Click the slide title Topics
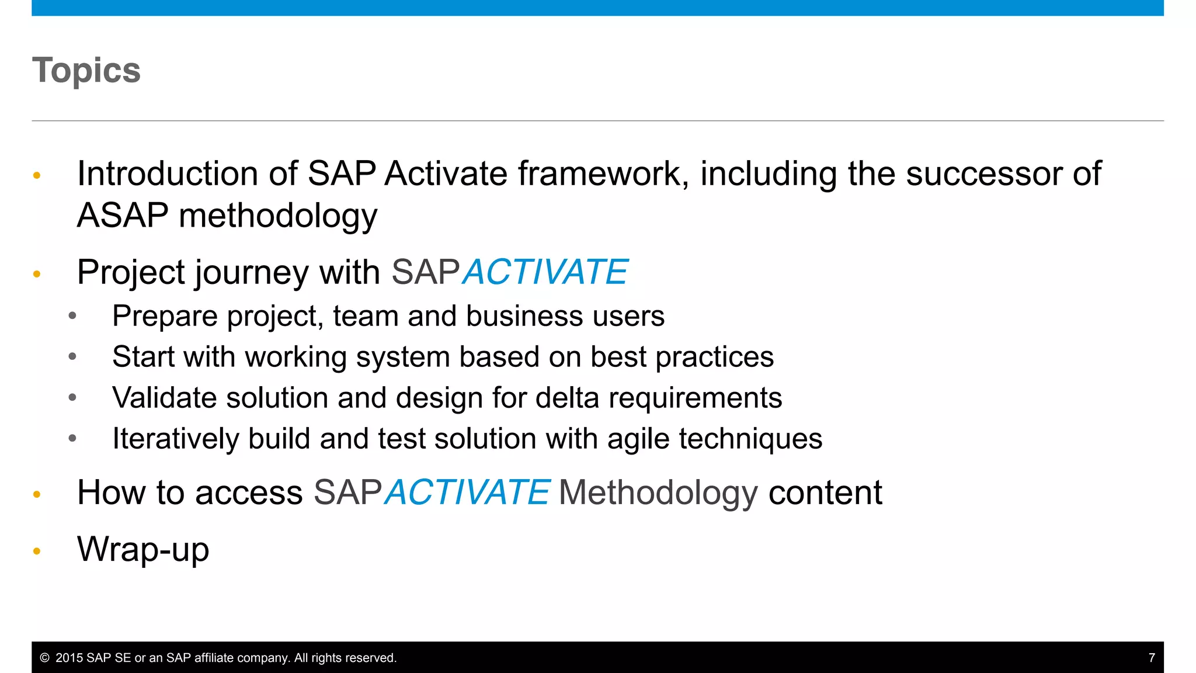(86, 71)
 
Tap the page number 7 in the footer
(1152, 658)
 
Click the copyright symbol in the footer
(44, 658)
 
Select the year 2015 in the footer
(69, 658)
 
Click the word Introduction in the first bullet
(168, 174)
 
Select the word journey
(251, 272)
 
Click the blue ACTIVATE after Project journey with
(545, 272)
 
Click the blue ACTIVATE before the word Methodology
(467, 492)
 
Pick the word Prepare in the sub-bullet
(165, 316)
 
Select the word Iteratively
(175, 439)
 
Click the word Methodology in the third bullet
(658, 492)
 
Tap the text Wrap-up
(143, 550)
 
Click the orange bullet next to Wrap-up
(37, 551)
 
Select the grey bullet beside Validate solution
(72, 398)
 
